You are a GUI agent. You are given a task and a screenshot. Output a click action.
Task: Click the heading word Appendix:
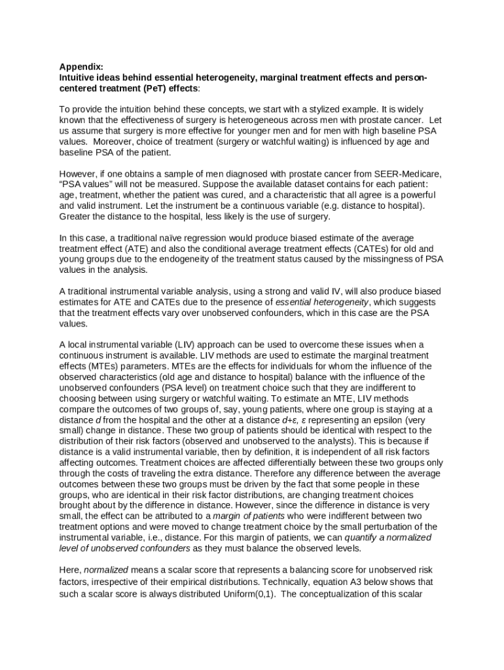(x=81, y=67)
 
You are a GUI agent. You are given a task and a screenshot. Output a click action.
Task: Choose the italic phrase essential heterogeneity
(x=322, y=302)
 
